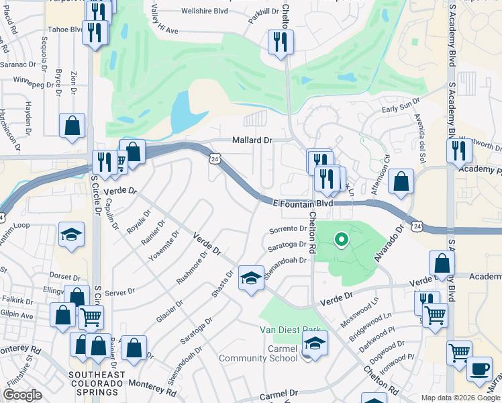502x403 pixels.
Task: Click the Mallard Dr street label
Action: [252, 140]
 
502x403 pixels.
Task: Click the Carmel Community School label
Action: [258, 353]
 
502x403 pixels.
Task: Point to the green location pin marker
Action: [341, 238]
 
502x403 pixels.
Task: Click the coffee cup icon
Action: [479, 369]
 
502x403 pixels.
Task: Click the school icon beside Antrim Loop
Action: [71, 234]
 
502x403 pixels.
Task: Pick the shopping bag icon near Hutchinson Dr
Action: [72, 126]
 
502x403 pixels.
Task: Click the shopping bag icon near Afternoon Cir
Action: [401, 181]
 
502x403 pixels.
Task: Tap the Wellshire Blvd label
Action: [203, 11]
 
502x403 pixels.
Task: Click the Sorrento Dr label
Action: [289, 229]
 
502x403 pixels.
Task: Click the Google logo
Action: [22, 395]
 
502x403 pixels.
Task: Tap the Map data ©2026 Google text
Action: [460, 398]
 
